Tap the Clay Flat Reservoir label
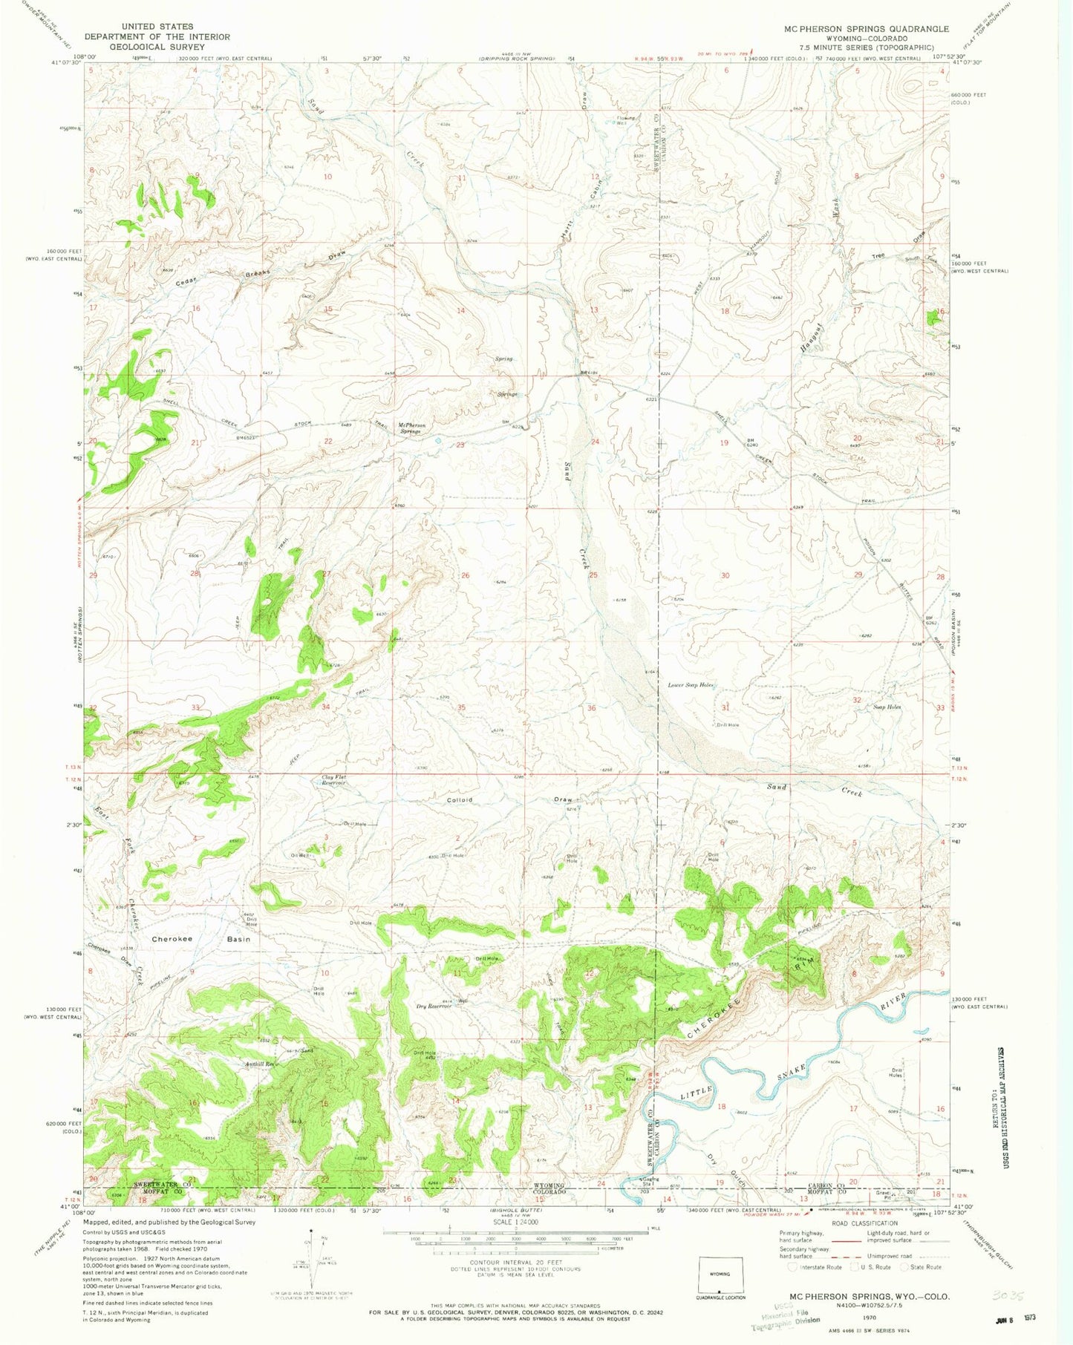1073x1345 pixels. click(x=333, y=781)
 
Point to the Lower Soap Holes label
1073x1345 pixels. click(x=691, y=685)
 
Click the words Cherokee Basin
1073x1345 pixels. click(x=200, y=939)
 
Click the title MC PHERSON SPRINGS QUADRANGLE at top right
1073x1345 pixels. click(x=866, y=29)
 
